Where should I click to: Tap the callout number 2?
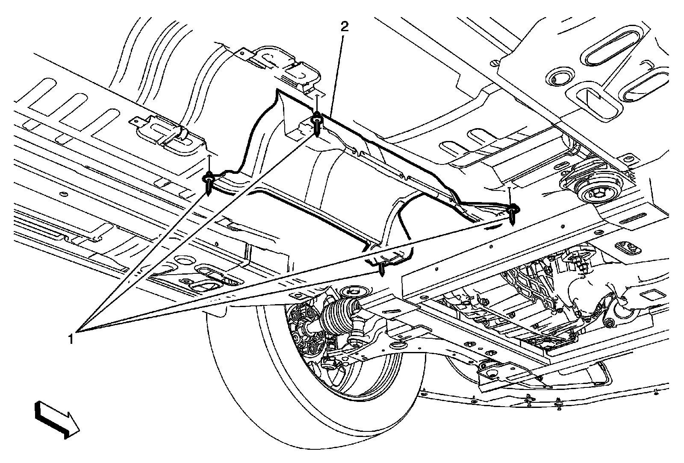344,27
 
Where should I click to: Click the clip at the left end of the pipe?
208,181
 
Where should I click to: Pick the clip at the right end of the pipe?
513,212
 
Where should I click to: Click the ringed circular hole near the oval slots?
558,77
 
